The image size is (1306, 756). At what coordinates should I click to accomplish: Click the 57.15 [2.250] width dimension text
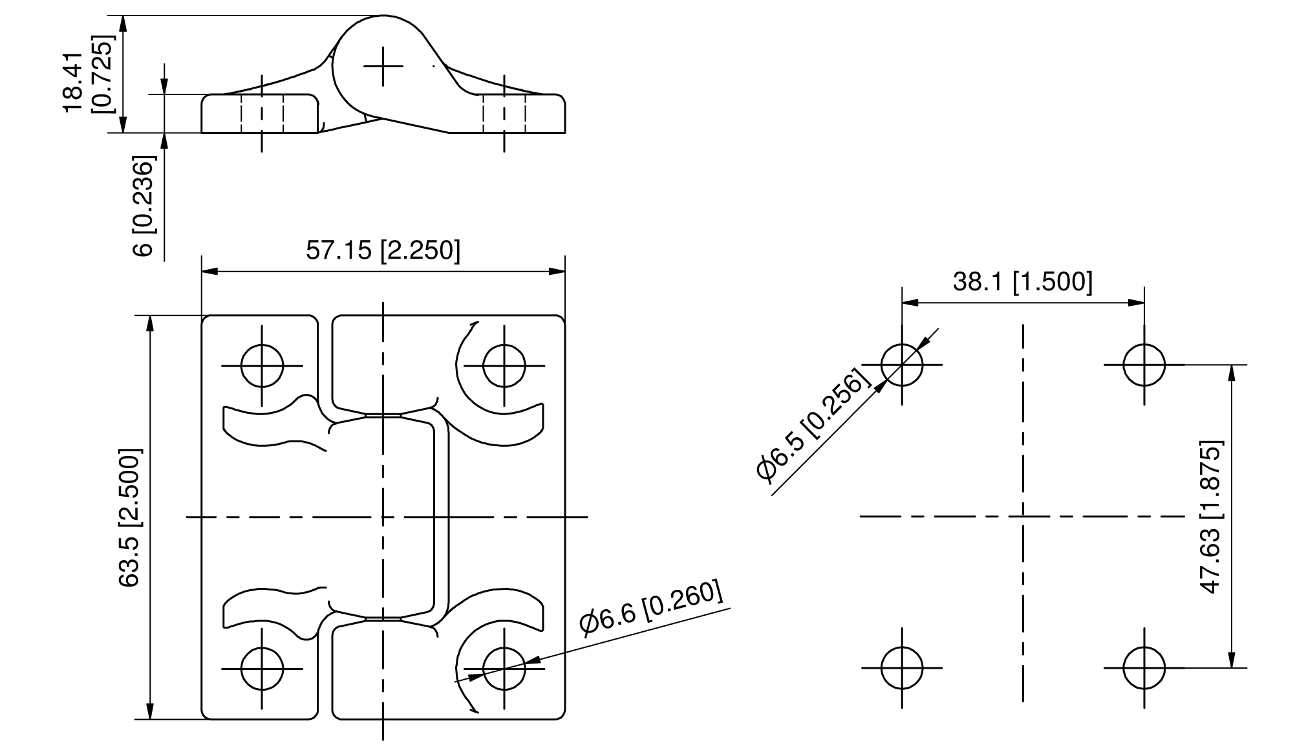pos(383,250)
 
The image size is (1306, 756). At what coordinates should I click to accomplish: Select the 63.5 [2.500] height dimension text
pos(129,517)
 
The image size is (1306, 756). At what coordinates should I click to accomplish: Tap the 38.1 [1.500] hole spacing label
pos(1022,282)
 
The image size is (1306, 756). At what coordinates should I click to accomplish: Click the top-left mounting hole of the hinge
pos(262,365)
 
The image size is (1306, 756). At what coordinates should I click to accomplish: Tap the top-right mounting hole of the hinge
pos(504,365)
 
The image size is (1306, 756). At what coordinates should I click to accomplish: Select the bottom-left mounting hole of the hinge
pos(262,669)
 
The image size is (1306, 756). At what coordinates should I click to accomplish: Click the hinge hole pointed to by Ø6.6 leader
pos(504,669)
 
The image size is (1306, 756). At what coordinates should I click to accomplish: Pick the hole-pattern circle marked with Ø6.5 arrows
pos(902,365)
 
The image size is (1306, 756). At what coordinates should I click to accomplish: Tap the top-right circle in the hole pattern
pos(1144,365)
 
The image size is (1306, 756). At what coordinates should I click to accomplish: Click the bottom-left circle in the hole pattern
pos(902,668)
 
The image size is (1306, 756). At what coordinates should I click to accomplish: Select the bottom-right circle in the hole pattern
pos(1144,668)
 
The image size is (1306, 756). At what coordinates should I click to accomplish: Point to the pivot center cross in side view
pos(383,66)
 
